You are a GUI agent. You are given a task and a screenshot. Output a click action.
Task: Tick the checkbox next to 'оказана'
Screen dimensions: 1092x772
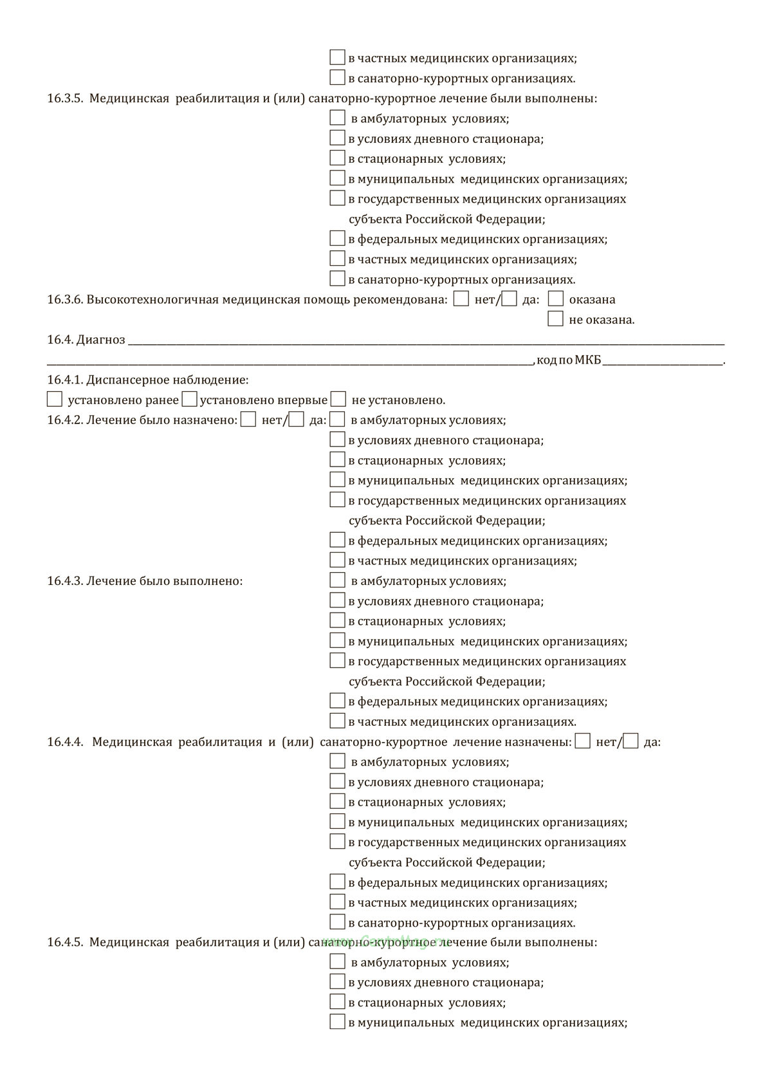pos(556,299)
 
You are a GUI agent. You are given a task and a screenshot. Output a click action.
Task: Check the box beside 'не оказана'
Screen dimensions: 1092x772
pos(556,319)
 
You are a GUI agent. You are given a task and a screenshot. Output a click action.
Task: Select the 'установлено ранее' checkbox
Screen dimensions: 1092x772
pos(55,400)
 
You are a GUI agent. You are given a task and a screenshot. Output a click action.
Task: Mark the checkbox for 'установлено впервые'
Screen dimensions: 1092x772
pos(189,400)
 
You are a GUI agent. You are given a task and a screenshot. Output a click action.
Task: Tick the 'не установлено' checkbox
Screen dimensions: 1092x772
pos(338,400)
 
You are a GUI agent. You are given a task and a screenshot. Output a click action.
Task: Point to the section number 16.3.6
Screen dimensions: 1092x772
pos(65,300)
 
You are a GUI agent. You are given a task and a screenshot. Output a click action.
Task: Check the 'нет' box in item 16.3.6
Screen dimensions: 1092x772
pos(461,299)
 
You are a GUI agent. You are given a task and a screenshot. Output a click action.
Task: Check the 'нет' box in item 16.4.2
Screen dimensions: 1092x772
pos(248,420)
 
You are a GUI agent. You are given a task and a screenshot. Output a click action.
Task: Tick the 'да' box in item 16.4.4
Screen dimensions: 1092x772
pos(631,741)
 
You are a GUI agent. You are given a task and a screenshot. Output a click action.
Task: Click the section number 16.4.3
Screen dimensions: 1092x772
pos(65,581)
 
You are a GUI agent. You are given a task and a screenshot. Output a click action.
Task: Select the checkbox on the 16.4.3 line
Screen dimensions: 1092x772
pos(338,580)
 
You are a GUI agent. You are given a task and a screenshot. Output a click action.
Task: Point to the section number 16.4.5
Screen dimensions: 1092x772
pos(65,943)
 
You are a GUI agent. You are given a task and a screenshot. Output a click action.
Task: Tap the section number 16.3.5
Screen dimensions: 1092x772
pos(65,99)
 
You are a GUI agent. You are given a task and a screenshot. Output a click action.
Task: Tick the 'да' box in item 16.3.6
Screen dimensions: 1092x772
pos(510,299)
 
